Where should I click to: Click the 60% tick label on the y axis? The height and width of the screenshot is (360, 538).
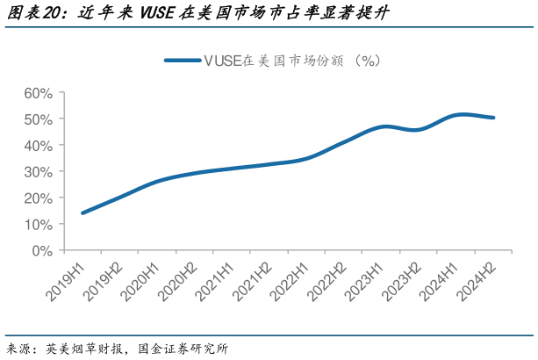(39, 92)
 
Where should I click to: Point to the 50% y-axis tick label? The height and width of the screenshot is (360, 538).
(39, 119)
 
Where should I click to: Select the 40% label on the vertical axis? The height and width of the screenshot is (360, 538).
(39, 145)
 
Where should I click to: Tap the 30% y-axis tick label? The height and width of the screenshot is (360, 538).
(39, 171)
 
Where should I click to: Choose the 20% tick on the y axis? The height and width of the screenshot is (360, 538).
(39, 198)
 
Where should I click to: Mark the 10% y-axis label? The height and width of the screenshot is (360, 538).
(39, 224)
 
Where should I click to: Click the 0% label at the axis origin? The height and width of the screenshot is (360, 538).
(43, 250)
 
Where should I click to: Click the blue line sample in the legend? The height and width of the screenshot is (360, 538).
(182, 61)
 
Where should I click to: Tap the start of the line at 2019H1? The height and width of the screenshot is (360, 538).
(82, 212)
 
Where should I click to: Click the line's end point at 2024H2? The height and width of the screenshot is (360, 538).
(493, 118)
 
